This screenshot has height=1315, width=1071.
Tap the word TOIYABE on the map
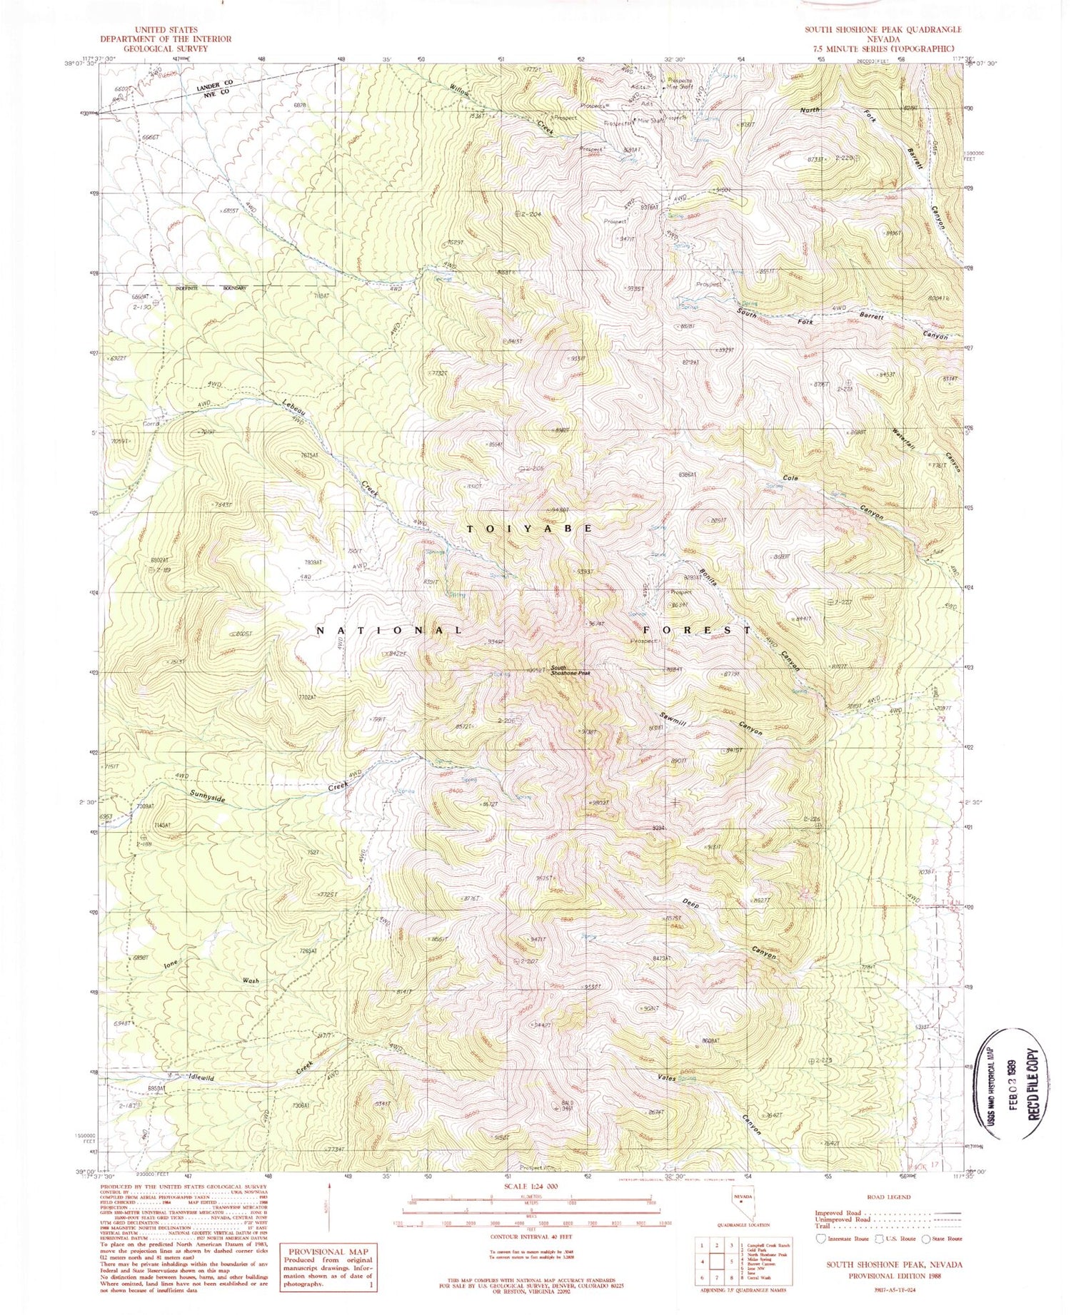pos(529,529)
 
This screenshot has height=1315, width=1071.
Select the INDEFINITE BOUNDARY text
pos(212,288)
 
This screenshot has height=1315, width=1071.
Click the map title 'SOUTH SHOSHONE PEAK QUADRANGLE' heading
pos(883,29)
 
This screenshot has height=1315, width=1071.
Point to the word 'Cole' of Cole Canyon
pos(790,478)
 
